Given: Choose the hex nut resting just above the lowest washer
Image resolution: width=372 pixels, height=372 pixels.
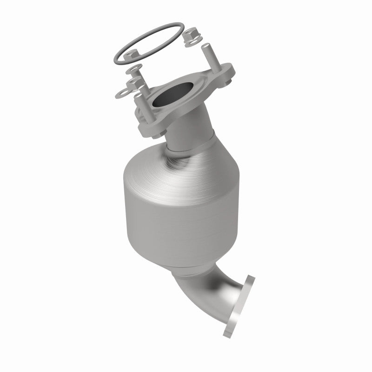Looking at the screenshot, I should point(135,83).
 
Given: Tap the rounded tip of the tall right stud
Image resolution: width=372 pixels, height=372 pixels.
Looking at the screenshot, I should point(205,46).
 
